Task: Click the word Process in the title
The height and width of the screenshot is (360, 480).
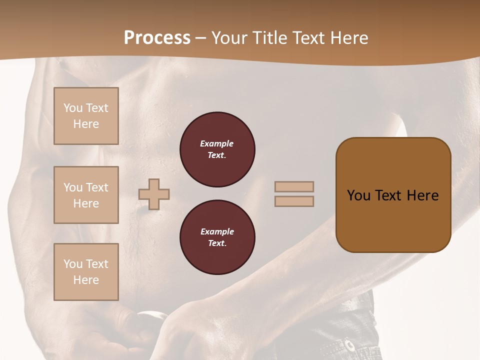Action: tap(157, 38)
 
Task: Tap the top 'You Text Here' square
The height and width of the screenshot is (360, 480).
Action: tap(86, 116)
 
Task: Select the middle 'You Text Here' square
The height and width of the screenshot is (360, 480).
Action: tap(86, 195)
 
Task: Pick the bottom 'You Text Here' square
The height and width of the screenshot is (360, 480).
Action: tap(86, 271)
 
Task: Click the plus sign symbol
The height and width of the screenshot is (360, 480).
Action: tap(154, 194)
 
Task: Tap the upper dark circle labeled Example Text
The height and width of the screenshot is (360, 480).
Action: tap(217, 149)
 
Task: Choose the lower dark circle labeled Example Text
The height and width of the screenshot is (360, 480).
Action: tap(217, 237)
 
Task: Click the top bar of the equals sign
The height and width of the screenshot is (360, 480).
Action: tap(294, 186)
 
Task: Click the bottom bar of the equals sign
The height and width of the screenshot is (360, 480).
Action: tap(294, 201)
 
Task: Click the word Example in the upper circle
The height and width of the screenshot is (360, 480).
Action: tap(216, 143)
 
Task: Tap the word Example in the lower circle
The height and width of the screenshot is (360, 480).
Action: tap(217, 231)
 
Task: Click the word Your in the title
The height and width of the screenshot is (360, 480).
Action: tap(228, 38)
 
